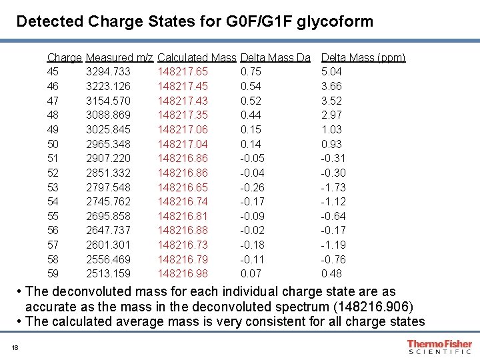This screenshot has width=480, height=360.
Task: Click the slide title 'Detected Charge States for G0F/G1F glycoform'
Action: point(195,21)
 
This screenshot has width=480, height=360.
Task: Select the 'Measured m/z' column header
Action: point(120,58)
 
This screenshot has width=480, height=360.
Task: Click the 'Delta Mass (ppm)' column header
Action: point(363,58)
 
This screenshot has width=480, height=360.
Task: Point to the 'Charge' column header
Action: point(65,58)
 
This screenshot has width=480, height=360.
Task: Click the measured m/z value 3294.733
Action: point(109,72)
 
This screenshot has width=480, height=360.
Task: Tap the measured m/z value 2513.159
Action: point(109,274)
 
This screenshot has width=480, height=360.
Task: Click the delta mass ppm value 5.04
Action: point(332,72)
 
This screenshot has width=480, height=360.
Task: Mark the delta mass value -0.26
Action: point(251,187)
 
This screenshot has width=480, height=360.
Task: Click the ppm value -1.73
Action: point(333,187)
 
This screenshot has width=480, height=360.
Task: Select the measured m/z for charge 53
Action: point(109,187)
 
